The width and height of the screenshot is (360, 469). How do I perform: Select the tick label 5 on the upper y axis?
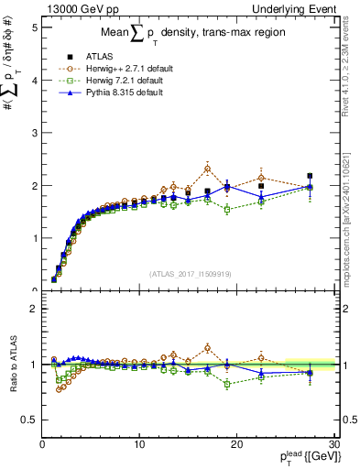tap(33, 27)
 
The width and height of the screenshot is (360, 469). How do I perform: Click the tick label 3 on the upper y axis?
tap(33, 133)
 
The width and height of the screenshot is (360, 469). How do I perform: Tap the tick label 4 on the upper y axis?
tap(33, 81)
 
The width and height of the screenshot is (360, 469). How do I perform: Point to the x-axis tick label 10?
tap(139, 444)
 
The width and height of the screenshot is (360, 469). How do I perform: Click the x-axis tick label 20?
tap(237, 444)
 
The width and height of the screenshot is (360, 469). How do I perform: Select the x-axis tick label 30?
tap(333, 444)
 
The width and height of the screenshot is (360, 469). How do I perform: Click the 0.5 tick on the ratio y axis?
tap(28, 420)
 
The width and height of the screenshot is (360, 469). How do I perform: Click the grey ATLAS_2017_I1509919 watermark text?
tap(189, 273)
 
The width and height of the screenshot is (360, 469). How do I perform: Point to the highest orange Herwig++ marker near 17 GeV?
tap(208, 169)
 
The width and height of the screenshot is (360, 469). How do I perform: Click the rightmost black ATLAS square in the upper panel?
tap(311, 176)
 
